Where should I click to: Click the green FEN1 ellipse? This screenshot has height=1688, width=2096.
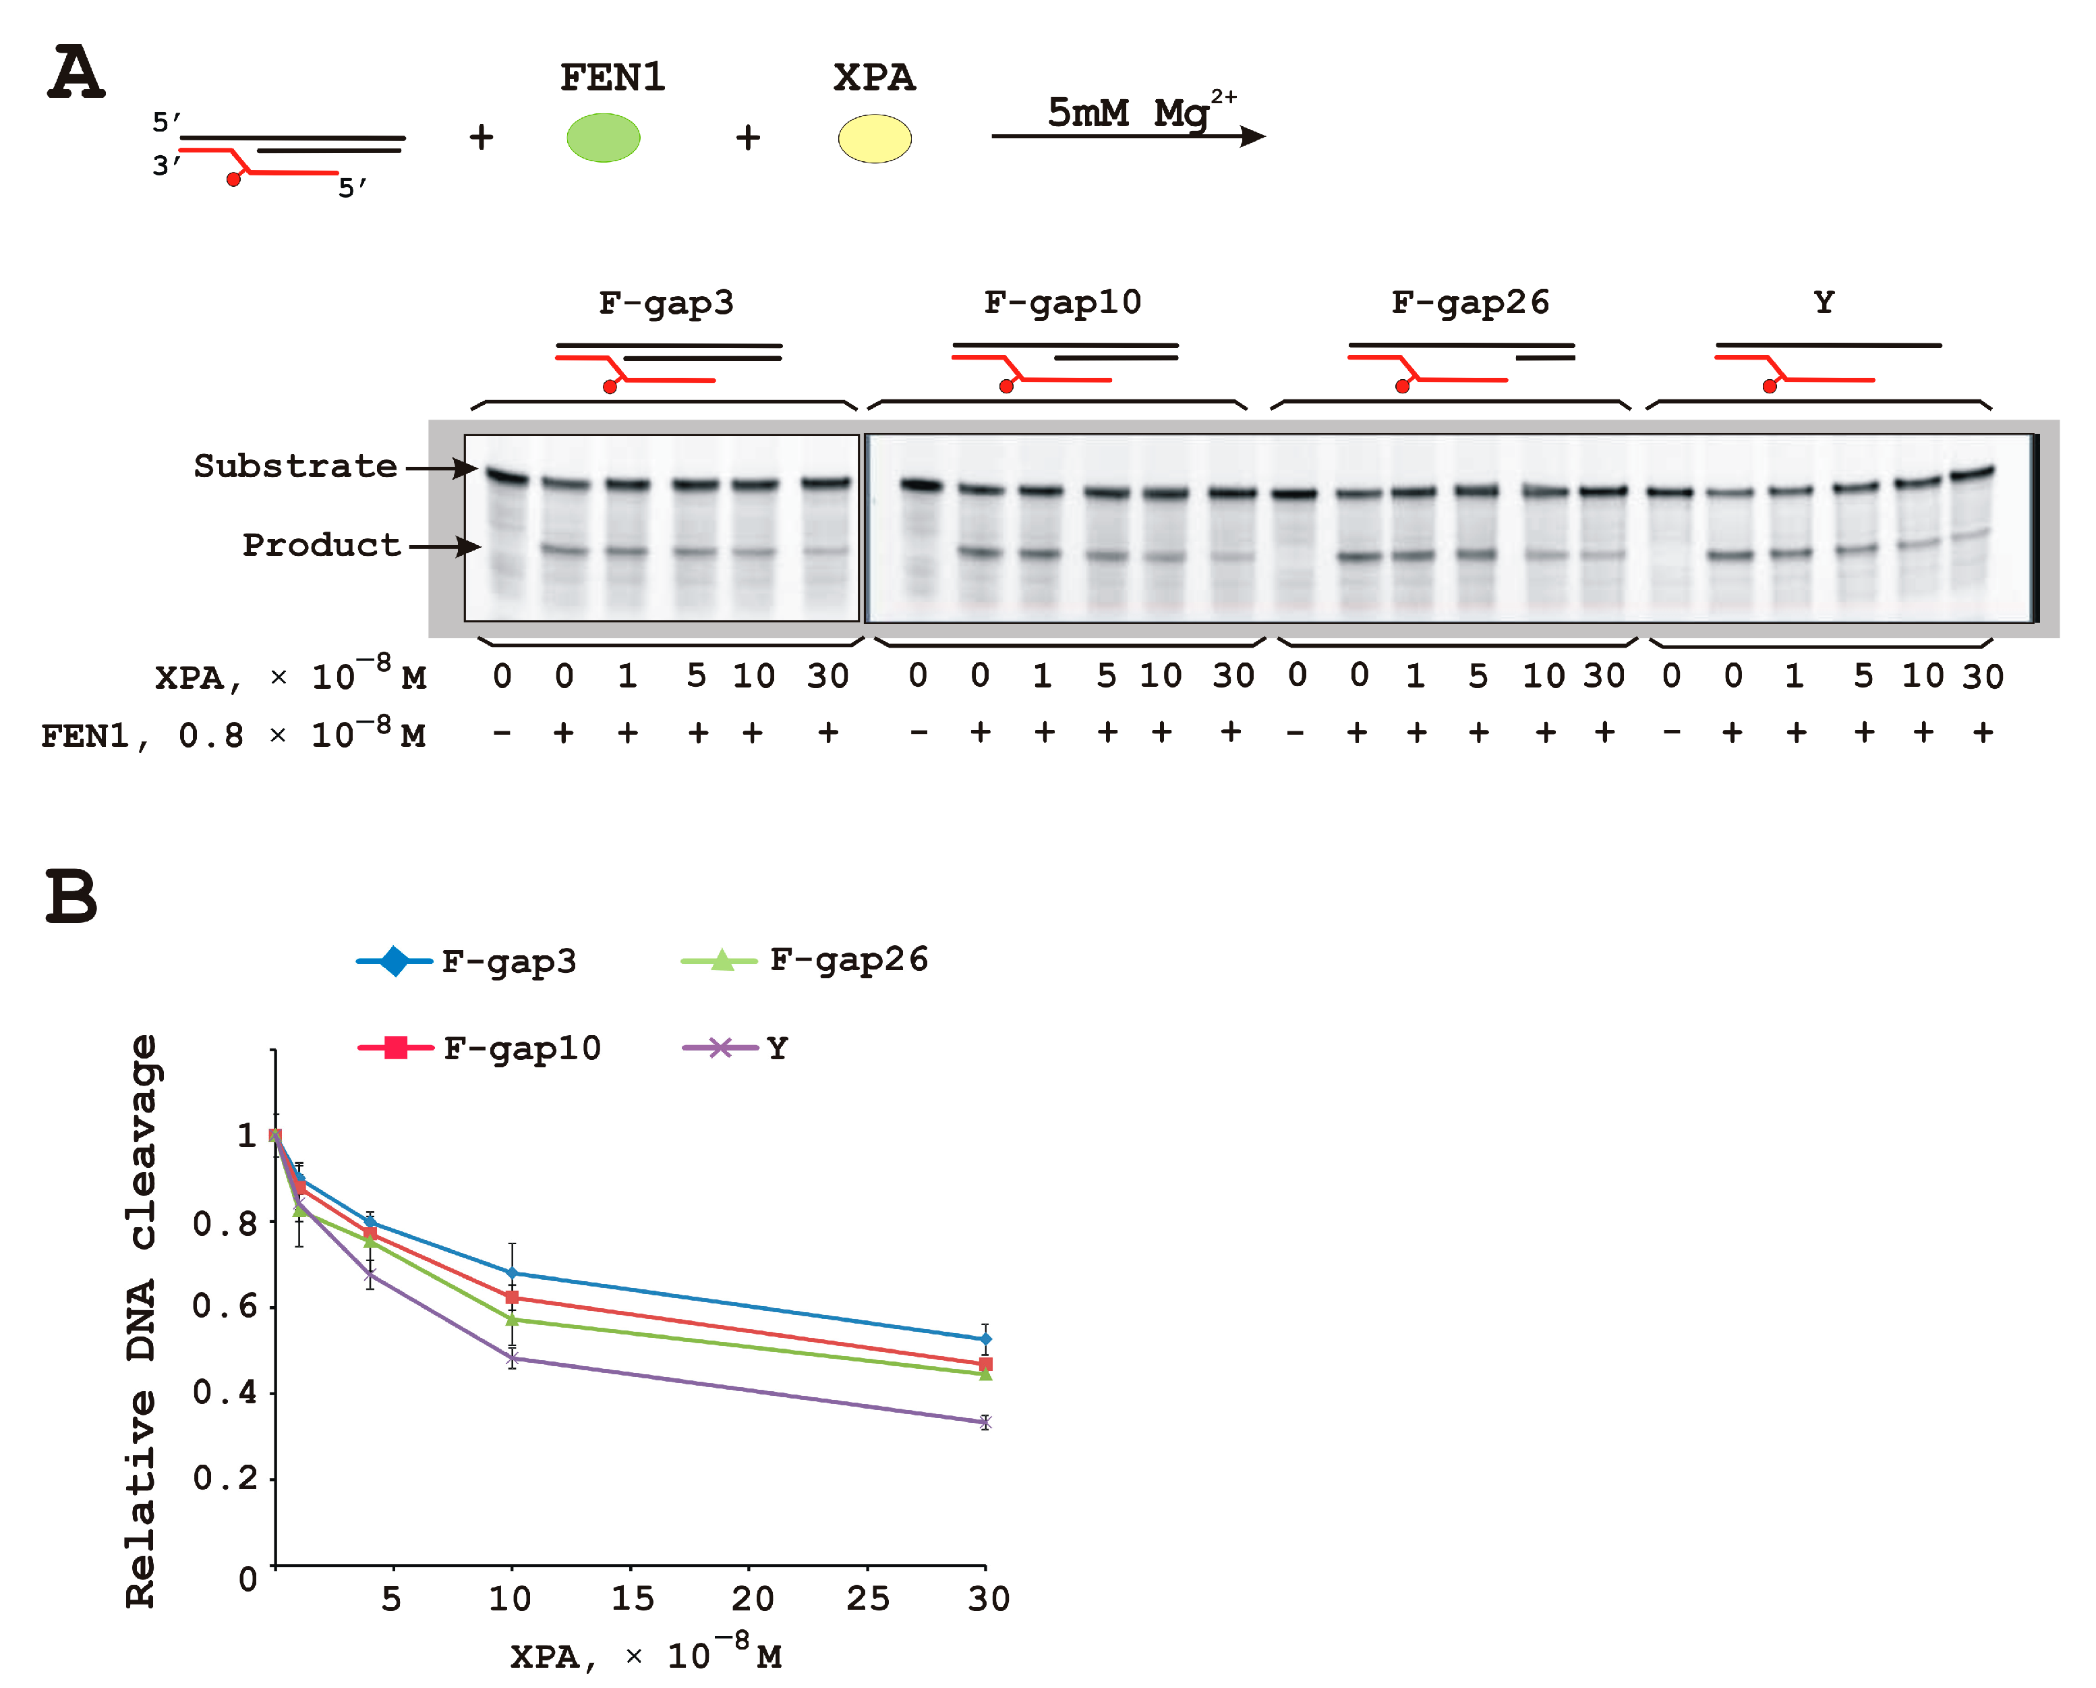coord(603,137)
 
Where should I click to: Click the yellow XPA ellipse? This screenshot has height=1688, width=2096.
coord(874,138)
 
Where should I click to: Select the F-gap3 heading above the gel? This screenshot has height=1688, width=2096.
coord(666,302)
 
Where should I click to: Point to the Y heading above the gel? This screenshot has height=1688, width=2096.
coord(1823,302)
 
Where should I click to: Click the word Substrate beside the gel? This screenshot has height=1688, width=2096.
coord(295,466)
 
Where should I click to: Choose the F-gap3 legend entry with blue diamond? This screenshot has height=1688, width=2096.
coord(467,961)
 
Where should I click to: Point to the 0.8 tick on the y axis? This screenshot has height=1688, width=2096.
coord(225,1222)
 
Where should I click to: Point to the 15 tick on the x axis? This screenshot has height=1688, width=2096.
coord(632,1598)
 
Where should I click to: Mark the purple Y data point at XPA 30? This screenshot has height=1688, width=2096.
coord(985,1422)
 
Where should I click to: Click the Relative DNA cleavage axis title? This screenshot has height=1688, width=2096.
coord(142,1320)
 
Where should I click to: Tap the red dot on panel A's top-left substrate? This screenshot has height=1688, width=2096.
coord(233,179)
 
